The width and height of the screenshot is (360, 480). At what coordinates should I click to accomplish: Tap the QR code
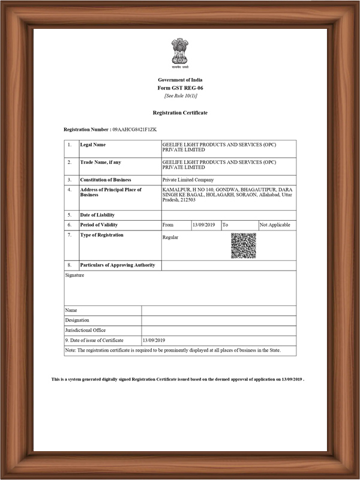point(243,246)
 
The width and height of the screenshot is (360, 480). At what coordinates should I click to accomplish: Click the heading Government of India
point(180,80)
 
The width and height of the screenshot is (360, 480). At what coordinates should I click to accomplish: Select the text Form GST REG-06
point(180,88)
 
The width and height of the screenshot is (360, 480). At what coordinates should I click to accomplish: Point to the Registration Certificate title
point(180,113)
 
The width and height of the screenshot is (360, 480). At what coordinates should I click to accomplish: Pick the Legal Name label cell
point(93,145)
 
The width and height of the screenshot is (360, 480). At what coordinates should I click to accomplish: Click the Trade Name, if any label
point(101,162)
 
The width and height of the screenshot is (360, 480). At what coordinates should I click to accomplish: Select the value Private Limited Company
point(188,180)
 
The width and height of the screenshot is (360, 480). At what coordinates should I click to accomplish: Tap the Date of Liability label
point(97,215)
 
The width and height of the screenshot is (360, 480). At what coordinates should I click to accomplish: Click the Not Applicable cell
point(275,225)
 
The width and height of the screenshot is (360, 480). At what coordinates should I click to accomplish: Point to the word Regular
point(170,238)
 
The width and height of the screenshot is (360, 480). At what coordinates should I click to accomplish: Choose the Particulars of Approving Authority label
point(118,265)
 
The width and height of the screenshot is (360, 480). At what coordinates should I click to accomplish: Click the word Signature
point(74,275)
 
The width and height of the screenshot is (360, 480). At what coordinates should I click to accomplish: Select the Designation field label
point(77,320)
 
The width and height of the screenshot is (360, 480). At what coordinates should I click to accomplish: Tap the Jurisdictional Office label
point(85,330)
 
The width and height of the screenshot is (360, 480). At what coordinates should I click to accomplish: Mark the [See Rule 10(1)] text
point(180,96)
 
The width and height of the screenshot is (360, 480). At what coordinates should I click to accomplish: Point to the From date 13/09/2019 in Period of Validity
point(203,225)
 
